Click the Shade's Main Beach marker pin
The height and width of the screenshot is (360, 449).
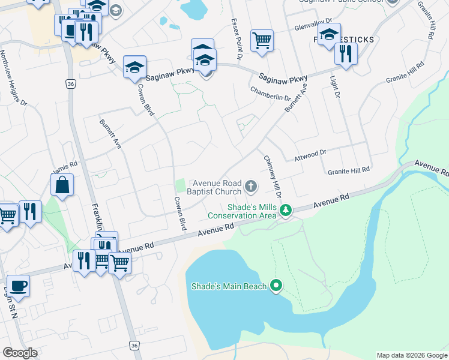(x=276, y=286)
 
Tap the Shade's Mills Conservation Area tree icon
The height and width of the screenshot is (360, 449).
(x=286, y=210)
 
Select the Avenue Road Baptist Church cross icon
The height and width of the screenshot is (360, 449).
(x=251, y=188)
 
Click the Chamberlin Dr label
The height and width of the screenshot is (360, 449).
(x=271, y=93)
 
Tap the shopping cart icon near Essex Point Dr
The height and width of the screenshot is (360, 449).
(x=262, y=41)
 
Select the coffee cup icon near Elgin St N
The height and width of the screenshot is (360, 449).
(x=17, y=286)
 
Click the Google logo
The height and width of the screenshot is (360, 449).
(x=20, y=353)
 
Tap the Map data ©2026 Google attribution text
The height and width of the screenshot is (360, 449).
(x=412, y=355)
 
